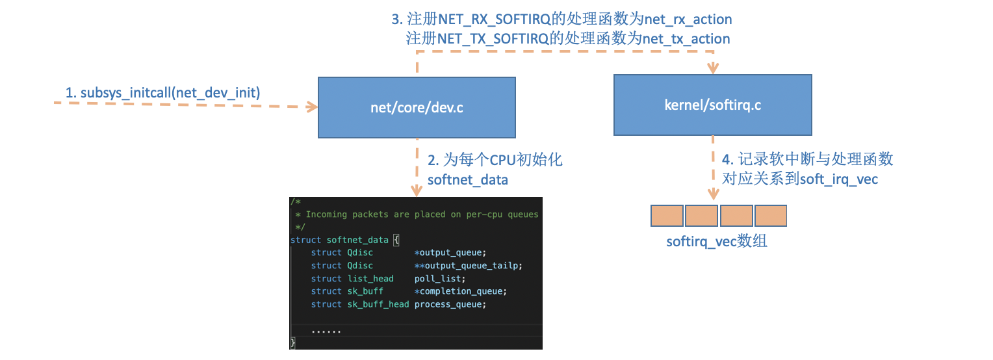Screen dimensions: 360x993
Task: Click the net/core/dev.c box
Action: (x=416, y=107)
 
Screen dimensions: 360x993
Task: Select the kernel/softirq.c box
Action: (x=712, y=105)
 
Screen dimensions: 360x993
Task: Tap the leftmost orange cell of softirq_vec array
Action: (x=667, y=216)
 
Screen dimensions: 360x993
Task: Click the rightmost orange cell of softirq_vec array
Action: (x=770, y=216)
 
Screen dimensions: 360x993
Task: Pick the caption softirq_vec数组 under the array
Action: (x=717, y=242)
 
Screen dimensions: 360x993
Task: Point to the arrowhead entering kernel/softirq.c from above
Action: (x=713, y=68)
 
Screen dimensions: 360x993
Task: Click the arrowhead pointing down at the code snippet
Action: (x=417, y=190)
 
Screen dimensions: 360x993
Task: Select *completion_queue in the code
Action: (x=459, y=291)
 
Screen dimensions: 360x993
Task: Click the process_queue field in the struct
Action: (x=450, y=304)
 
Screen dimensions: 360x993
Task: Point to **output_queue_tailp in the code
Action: (x=468, y=265)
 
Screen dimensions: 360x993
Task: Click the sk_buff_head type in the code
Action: (x=378, y=304)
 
